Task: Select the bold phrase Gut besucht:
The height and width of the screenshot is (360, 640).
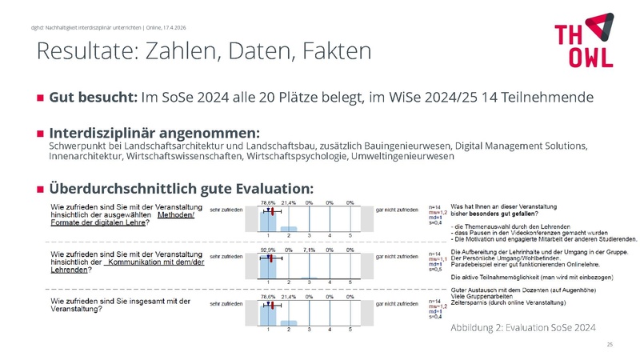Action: [x=93, y=98]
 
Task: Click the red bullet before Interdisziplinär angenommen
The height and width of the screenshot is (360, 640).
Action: [x=40, y=132]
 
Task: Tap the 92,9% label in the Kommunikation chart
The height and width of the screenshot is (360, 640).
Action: [x=268, y=250]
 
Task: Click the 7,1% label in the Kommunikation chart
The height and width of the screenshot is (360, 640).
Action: [x=309, y=250]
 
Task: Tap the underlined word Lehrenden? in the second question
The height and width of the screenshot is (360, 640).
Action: [x=68, y=270]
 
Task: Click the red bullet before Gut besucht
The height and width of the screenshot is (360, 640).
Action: [x=40, y=98]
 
